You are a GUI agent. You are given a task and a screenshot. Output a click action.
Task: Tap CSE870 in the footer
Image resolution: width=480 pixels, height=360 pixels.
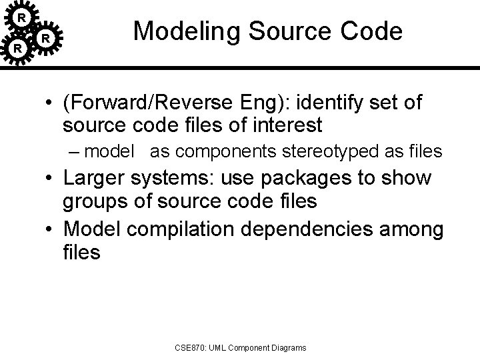click(x=190, y=347)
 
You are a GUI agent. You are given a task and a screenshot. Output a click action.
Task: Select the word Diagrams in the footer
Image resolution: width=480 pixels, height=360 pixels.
click(x=287, y=347)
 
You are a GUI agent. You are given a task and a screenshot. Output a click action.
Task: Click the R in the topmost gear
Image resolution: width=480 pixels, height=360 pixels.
click(x=22, y=16)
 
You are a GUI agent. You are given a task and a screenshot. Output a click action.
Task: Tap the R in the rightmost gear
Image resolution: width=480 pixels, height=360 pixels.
click(x=45, y=39)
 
